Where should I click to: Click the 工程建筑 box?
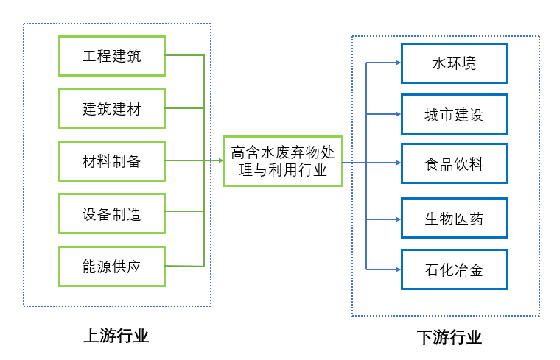pyautogui.click(x=112, y=56)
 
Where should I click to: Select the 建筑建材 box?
pyautogui.click(x=112, y=109)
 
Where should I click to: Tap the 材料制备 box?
pyautogui.click(x=112, y=161)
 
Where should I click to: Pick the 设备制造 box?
pyautogui.click(x=112, y=214)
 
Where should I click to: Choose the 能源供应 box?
pyautogui.click(x=112, y=267)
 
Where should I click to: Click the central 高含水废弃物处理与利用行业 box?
pyautogui.click(x=283, y=161)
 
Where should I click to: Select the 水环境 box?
pyautogui.click(x=454, y=63)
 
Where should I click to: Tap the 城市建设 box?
pyautogui.click(x=454, y=115)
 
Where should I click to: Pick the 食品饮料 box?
pyautogui.click(x=454, y=163)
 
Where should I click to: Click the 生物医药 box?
pyautogui.click(x=454, y=218)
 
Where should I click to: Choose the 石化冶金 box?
pyautogui.click(x=454, y=269)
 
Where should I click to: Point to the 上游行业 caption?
pyautogui.click(x=116, y=336)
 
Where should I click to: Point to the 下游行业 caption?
pyautogui.click(x=449, y=338)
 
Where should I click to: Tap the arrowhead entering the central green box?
pyautogui.click(x=220, y=161)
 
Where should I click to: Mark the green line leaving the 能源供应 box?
pyautogui.click(x=184, y=266)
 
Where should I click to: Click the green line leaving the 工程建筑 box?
pyautogui.click(x=184, y=55)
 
